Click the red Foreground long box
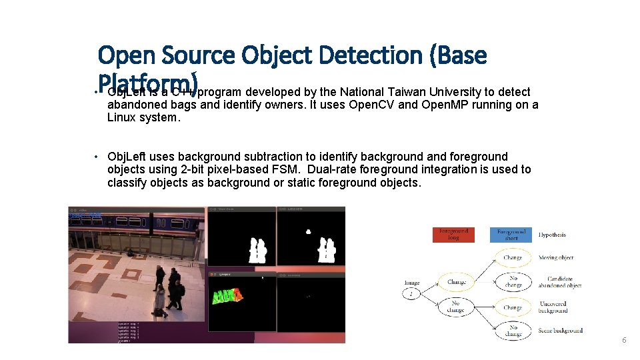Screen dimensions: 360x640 pyautogui.click(x=453, y=235)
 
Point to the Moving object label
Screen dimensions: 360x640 pyautogui.click(x=556, y=257)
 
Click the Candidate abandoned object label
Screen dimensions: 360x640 pyautogui.click(x=564, y=282)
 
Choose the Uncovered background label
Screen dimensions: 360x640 pyautogui.click(x=553, y=307)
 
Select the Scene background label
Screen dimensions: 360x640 pyautogui.click(x=560, y=330)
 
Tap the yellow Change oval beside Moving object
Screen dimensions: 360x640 pyautogui.click(x=513, y=257)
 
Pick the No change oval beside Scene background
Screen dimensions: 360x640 pyautogui.click(x=513, y=331)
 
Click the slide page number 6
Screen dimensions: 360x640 pyautogui.click(x=624, y=340)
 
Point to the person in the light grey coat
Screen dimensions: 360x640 pyautogui.click(x=159, y=301)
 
